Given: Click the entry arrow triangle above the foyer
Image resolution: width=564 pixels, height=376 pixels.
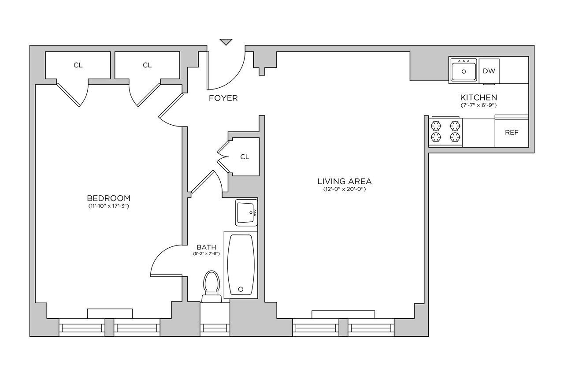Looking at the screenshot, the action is point(226,41).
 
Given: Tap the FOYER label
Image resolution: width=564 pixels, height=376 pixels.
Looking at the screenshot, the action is point(223,98).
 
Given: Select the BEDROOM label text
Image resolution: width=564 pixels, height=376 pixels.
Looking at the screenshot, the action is point(109,198).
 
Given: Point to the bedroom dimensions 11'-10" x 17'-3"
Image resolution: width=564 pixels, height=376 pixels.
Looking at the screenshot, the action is point(108,206).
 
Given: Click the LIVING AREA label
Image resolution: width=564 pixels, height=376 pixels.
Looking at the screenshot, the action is point(345,181).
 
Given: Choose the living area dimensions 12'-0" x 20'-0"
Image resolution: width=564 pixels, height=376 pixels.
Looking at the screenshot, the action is point(345,189).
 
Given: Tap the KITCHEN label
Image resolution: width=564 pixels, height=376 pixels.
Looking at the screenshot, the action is point(479,97).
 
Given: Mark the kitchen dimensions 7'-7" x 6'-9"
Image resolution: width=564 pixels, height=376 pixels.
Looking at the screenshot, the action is point(479,105).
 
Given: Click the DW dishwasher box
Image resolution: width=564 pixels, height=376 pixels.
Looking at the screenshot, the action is point(489,71).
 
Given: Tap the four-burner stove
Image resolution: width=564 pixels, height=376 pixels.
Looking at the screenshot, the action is point(445,132).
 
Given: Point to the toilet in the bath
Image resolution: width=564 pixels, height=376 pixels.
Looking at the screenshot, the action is point(212,287).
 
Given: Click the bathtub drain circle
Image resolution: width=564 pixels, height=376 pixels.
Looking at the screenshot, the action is point(241,289).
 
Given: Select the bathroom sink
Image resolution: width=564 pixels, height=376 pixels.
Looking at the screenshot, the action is point(246,213).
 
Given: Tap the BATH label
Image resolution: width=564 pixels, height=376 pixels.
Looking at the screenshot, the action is point(207,247).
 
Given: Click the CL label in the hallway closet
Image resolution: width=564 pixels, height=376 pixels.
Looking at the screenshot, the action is point(245,157).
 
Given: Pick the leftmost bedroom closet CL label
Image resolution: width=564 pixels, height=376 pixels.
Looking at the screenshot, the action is point(78,65).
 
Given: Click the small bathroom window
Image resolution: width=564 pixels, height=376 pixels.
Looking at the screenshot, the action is point(215,328).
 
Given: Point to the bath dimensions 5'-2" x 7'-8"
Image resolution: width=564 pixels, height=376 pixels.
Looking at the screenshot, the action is point(207,254).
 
